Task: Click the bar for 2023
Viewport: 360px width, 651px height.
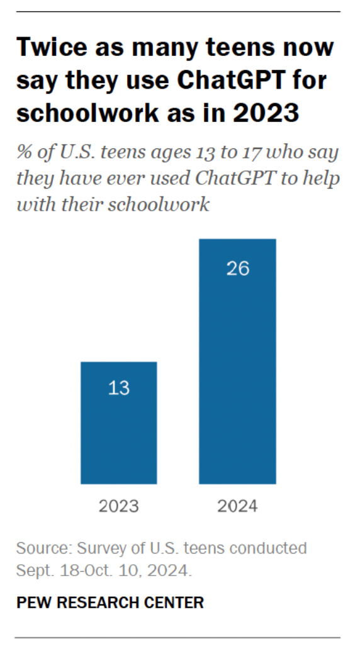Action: (x=119, y=423)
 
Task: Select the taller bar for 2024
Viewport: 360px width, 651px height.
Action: (x=237, y=361)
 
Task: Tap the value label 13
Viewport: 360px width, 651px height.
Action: (x=119, y=388)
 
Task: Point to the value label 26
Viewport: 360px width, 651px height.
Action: (x=238, y=268)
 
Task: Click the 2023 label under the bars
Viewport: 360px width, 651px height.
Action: (x=119, y=506)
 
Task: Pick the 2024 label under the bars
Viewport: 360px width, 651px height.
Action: (x=237, y=506)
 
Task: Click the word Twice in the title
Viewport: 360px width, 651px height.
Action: (x=52, y=47)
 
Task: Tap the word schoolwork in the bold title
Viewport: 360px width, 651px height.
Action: (x=87, y=112)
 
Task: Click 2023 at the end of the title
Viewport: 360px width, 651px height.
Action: (x=266, y=113)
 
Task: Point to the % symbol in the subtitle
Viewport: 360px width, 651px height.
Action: (x=24, y=152)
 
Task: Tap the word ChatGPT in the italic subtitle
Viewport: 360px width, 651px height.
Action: (x=235, y=178)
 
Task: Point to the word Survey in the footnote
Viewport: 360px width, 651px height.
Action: (x=102, y=549)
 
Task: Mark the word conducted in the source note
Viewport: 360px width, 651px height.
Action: (x=268, y=548)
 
